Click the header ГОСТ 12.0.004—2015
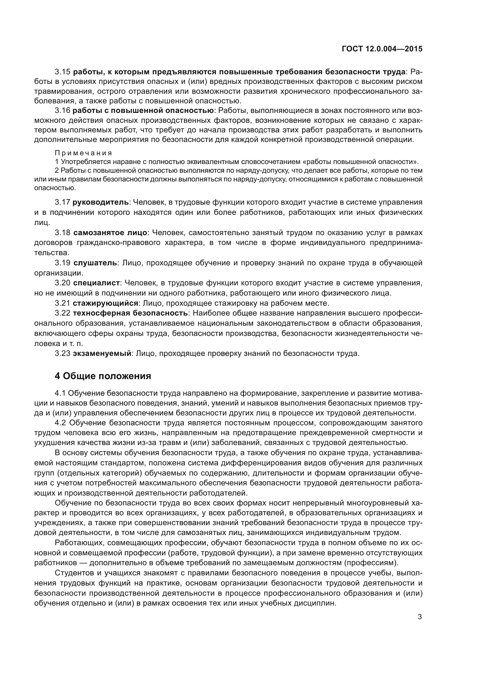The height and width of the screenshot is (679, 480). pos(382,49)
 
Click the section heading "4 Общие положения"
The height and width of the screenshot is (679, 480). pos(103,376)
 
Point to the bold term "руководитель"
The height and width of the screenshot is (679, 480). pos(100,202)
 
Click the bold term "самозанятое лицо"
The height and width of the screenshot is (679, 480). pos(110,233)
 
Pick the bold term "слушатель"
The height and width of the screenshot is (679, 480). pos(95,263)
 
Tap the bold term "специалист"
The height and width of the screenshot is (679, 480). pos(96,283)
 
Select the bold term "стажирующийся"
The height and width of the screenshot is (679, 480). pos(106,303)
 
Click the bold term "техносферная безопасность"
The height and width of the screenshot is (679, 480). pos(130,313)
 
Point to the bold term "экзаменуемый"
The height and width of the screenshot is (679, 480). pos(102,353)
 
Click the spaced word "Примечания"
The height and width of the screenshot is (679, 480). pos(84,153)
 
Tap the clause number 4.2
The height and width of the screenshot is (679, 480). pos(61,423)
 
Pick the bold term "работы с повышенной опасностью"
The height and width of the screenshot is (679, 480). pos(143,111)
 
